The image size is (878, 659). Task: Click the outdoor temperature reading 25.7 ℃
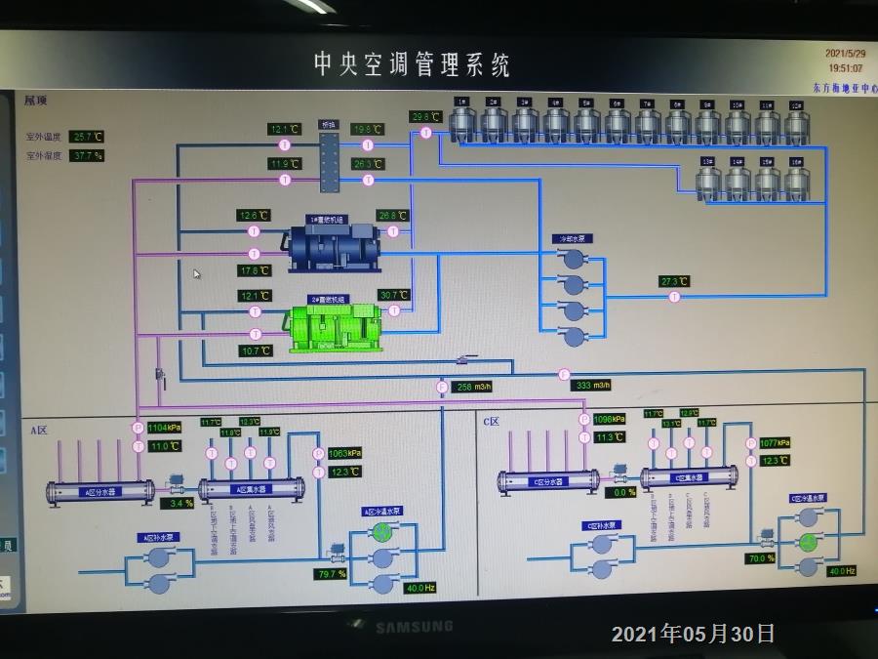(87, 137)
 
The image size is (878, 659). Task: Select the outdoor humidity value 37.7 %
(87, 155)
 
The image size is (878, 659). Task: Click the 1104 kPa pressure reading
(164, 428)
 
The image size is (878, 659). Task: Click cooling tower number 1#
(462, 122)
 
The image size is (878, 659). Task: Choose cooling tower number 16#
(797, 181)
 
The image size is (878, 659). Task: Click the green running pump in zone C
(808, 542)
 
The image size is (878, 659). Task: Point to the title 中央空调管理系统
(412, 65)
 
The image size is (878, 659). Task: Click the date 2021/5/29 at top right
(845, 54)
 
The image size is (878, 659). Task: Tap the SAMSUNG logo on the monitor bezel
(415, 626)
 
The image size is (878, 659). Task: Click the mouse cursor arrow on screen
(196, 274)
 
